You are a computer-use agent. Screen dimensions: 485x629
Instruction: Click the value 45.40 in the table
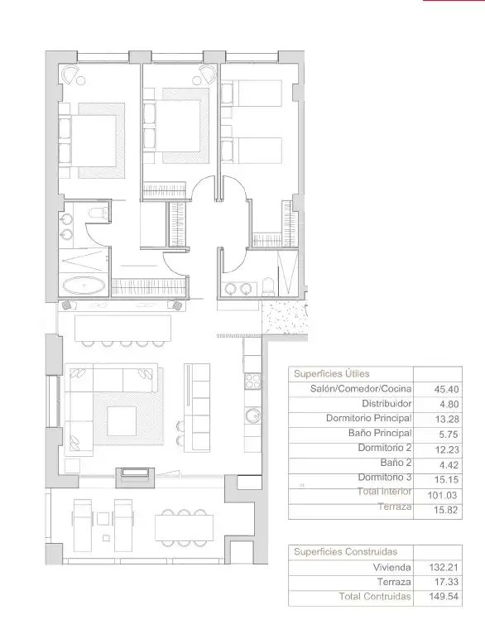(x=446, y=389)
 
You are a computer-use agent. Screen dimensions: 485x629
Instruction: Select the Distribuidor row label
(x=387, y=403)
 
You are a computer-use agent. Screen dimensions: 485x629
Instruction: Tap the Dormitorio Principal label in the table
(x=368, y=418)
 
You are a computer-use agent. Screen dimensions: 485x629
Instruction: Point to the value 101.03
(x=442, y=495)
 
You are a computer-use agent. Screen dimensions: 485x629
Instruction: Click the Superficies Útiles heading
(x=331, y=373)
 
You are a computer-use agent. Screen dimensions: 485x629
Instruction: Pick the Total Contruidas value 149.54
(x=444, y=596)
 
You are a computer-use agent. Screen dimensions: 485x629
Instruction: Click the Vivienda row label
(x=392, y=567)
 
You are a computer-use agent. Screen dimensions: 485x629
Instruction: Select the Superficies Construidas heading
(x=345, y=551)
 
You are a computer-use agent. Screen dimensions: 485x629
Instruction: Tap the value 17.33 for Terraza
(x=446, y=582)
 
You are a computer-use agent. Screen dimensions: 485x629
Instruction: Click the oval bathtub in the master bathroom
(x=84, y=286)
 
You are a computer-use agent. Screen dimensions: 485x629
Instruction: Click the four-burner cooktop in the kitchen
(x=252, y=381)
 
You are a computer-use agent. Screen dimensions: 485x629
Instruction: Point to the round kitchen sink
(x=252, y=416)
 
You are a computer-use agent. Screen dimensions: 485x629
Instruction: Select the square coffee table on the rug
(x=122, y=421)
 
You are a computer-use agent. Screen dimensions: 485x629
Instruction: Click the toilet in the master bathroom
(x=99, y=212)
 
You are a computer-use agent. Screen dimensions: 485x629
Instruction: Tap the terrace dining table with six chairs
(x=184, y=527)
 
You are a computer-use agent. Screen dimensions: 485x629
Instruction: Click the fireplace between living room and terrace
(x=135, y=477)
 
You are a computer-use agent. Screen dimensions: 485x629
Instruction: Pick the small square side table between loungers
(x=103, y=519)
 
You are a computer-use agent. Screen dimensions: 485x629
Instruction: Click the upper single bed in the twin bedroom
(x=252, y=93)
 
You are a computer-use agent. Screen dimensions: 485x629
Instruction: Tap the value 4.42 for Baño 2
(x=448, y=465)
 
